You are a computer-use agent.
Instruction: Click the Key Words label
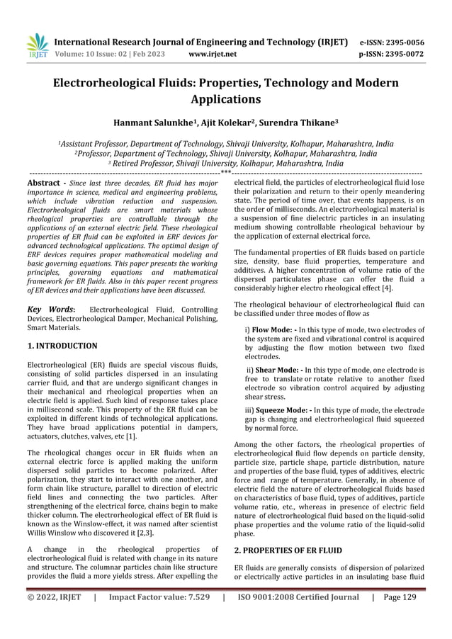point(50,309)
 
